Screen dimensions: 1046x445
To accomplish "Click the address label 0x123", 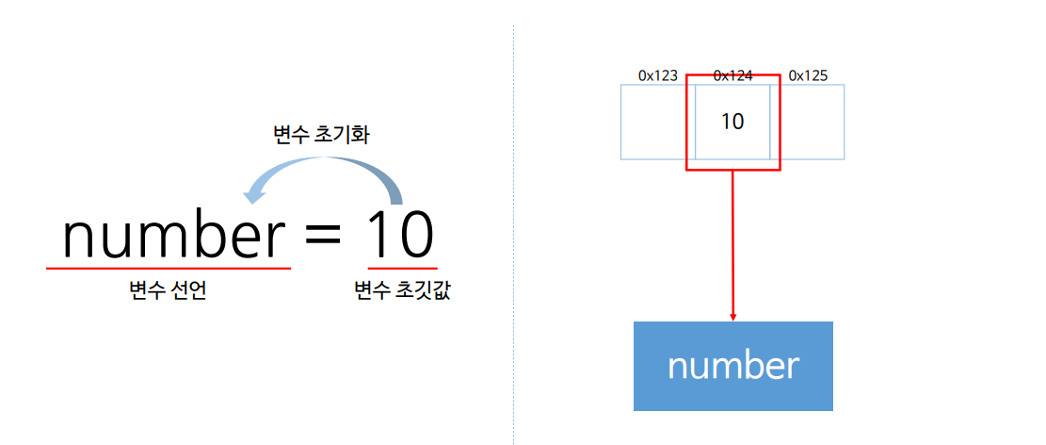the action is (658, 75).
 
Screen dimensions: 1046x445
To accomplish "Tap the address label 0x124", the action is (732, 75).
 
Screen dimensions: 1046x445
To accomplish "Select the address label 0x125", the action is (808, 75).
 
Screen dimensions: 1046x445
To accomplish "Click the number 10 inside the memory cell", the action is (732, 122).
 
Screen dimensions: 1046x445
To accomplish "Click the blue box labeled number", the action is (732, 366).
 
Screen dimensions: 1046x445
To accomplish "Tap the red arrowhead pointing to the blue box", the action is (732, 316).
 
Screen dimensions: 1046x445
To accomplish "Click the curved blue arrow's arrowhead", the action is (252, 196).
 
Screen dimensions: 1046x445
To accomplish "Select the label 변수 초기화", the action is (320, 135).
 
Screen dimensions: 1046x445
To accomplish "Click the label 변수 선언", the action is (168, 291).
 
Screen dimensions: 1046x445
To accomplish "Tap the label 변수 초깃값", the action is (402, 291).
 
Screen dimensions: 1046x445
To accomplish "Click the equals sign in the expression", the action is (323, 237).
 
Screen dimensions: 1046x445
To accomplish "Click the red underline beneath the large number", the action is (169, 269).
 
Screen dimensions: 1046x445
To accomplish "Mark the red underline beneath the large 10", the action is (402, 269).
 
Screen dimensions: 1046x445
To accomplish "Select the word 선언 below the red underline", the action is (187, 291).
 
